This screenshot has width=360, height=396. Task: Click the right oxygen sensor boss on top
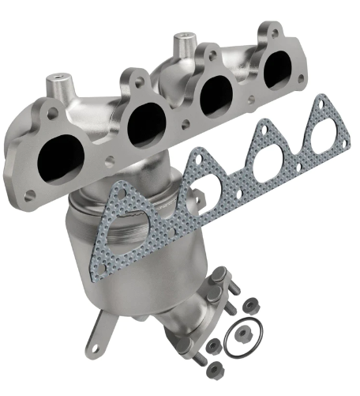coord(184,39)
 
